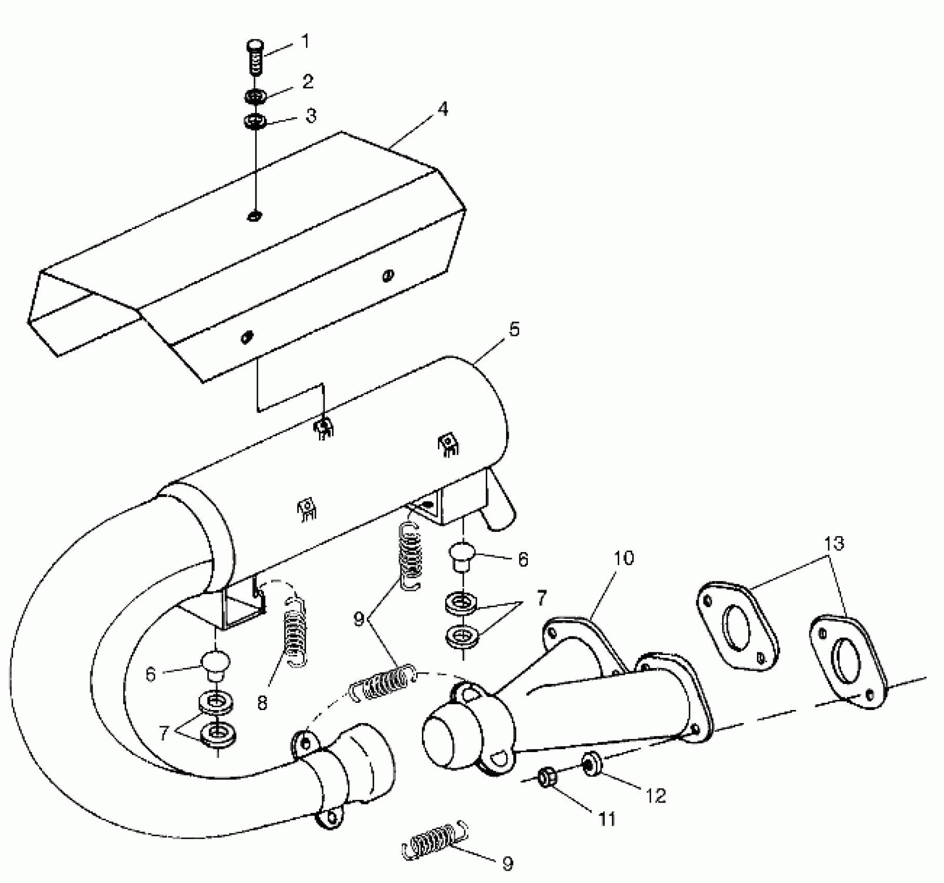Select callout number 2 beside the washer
tap(308, 82)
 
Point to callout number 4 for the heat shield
tap(443, 109)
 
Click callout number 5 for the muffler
tap(514, 329)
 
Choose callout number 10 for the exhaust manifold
tap(624, 558)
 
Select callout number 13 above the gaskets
tap(834, 544)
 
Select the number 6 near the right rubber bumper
tap(523, 559)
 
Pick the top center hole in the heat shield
tap(255, 215)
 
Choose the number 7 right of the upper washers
tap(541, 598)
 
